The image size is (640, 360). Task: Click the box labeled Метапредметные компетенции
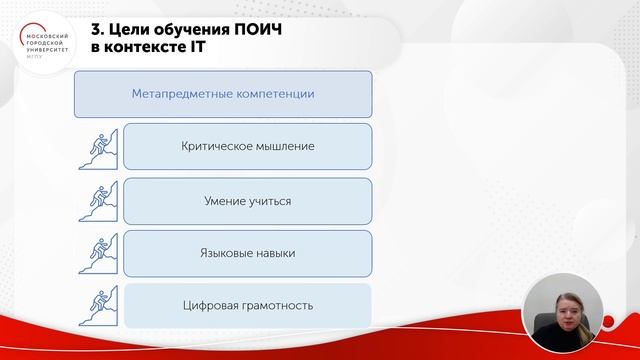(223, 94)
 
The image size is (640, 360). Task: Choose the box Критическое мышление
(247, 146)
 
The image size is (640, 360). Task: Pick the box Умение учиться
(247, 200)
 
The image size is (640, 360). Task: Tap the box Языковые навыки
(247, 253)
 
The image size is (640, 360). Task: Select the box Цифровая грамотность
(247, 306)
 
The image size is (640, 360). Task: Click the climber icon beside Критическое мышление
(99, 147)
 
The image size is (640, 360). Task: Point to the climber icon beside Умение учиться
(99, 200)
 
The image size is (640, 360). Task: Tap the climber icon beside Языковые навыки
(99, 254)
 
